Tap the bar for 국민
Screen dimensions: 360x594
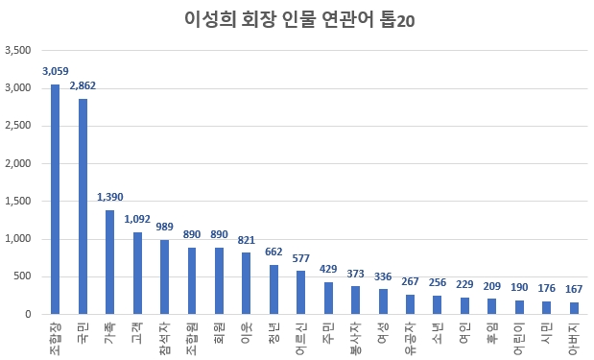click(x=83, y=206)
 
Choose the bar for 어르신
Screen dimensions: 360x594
click(x=300, y=293)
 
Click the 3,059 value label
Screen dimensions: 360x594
click(x=56, y=71)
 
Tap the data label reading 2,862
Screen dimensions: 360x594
click(x=83, y=86)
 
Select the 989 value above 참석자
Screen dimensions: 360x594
click(x=164, y=228)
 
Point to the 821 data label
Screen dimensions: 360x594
click(x=246, y=240)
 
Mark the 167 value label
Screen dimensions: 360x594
click(x=573, y=290)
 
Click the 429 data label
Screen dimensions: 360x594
click(x=328, y=270)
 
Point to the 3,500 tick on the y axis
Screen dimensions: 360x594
click(x=18, y=50)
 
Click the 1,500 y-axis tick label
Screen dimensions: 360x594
click(x=18, y=201)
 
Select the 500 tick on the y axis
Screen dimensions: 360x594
click(x=23, y=276)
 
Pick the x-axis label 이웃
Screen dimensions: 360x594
click(x=247, y=331)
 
